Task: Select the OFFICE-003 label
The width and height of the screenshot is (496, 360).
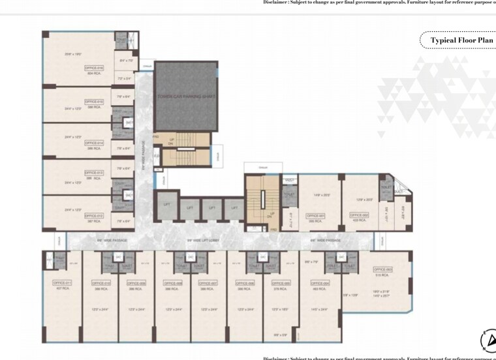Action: (384, 269)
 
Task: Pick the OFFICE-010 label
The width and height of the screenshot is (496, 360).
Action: (101, 283)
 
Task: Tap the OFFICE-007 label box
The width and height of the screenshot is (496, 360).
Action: (209, 283)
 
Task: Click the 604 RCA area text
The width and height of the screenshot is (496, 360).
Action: (93, 74)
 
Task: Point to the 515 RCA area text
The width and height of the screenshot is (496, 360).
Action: (384, 275)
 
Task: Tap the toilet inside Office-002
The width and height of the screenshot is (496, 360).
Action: (386, 188)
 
